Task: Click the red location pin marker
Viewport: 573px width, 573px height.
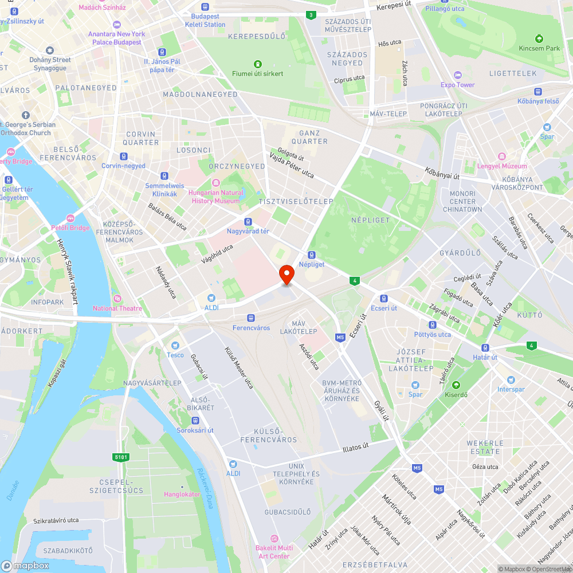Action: pyautogui.click(x=286, y=274)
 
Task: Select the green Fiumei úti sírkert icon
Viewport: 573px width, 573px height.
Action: pyautogui.click(x=258, y=64)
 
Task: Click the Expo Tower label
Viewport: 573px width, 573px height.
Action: pyautogui.click(x=457, y=85)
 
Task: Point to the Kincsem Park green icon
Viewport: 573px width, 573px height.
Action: pyautogui.click(x=539, y=38)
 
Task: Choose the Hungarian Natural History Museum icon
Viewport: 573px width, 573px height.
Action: pyautogui.click(x=215, y=183)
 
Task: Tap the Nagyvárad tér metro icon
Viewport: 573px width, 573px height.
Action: pyautogui.click(x=248, y=222)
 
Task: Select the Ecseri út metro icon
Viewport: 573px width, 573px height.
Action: pyautogui.click(x=384, y=299)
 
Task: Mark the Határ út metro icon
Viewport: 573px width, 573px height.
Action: pyautogui.click(x=485, y=347)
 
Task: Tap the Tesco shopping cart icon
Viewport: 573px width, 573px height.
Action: pyautogui.click(x=175, y=346)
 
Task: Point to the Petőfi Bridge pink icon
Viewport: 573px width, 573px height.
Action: pyautogui.click(x=70, y=218)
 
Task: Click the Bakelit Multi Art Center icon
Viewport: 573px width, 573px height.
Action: pyautogui.click(x=274, y=539)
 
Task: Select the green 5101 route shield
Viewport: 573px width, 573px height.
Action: pyautogui.click(x=121, y=457)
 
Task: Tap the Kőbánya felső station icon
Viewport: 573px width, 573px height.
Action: pyautogui.click(x=538, y=92)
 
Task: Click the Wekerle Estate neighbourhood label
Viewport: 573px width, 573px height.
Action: pyautogui.click(x=485, y=447)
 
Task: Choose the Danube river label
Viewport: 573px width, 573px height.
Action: pyautogui.click(x=13, y=490)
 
